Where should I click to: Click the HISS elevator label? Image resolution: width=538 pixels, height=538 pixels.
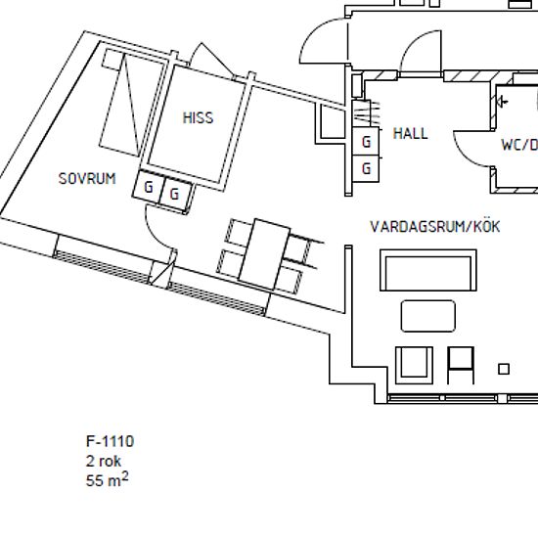[198, 117]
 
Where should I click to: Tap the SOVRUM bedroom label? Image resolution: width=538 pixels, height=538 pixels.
[87, 179]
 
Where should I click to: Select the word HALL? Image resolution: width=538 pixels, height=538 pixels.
[411, 133]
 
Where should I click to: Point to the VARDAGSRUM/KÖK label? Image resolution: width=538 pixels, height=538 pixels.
[435, 227]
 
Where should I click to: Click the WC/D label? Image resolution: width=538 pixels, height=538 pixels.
[519, 145]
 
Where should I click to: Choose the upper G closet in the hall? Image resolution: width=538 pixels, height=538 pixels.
[367, 142]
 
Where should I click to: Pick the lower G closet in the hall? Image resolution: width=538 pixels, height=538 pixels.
[367, 168]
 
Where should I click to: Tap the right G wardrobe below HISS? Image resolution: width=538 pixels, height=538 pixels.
[175, 195]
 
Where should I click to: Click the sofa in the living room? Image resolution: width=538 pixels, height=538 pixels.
[428, 270]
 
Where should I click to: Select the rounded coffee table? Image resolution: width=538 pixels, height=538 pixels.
[428, 316]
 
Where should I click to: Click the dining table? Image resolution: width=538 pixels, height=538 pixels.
[265, 254]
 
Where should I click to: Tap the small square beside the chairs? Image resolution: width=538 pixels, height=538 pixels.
[504, 369]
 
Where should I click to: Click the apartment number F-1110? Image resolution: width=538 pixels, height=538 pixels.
[110, 441]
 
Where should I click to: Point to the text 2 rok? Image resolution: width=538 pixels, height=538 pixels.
[104, 461]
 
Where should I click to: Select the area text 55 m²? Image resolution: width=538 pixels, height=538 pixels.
[107, 479]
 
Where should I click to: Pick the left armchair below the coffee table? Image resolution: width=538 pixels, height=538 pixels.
[414, 365]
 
